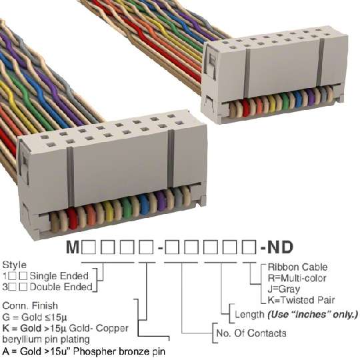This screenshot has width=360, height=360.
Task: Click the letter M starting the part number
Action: pyautogui.click(x=73, y=247)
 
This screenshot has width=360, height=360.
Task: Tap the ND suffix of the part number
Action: pyautogui.click(x=281, y=247)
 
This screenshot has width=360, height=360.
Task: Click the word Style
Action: pyautogui.click(x=14, y=265)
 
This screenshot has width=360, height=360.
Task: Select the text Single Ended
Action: pyautogui.click(x=59, y=276)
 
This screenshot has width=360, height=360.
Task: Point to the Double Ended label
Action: pyautogui.click(x=61, y=287)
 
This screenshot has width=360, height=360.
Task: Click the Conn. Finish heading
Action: pyautogui.click(x=30, y=306)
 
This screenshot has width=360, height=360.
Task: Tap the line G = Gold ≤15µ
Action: pyautogui.click(x=35, y=317)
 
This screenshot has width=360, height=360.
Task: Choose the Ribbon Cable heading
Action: pyautogui.click(x=297, y=267)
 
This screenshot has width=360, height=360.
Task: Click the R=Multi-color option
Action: pyautogui.click(x=297, y=278)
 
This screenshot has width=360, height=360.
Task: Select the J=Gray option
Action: pyautogui.click(x=284, y=289)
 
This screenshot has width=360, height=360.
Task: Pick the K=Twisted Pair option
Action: pyautogui.click(x=301, y=300)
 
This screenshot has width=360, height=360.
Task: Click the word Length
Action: pyautogui.click(x=249, y=314)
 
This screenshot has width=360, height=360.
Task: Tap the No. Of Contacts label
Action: pyautogui.click(x=251, y=333)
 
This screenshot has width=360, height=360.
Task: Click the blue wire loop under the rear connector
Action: pyautogui.click(x=298, y=99)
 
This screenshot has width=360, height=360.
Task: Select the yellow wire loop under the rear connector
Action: pyautogui.click(x=272, y=104)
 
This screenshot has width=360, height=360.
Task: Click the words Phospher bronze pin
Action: pyautogui.click(x=119, y=351)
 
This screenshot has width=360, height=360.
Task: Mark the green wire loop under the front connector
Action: pyautogui.click(x=126, y=208)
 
